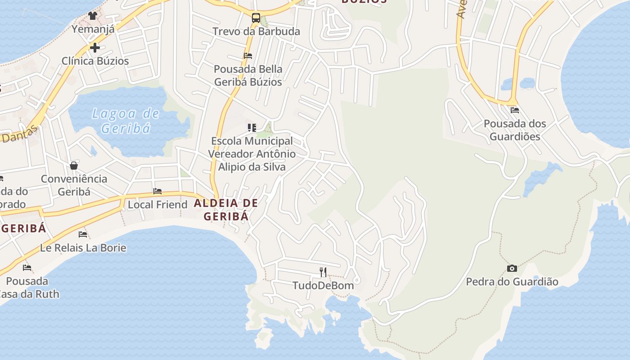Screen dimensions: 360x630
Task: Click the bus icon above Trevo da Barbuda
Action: click(x=256, y=18)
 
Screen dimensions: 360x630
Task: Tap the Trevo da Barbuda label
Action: click(x=256, y=31)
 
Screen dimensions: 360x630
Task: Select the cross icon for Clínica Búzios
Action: click(x=94, y=47)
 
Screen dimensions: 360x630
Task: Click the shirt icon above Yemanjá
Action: click(x=93, y=16)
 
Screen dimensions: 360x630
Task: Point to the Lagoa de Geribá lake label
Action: click(x=126, y=121)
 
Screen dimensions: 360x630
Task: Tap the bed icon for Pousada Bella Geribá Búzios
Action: click(x=247, y=56)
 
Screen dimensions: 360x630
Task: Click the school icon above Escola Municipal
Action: click(x=252, y=128)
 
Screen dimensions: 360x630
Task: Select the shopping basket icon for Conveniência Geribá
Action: click(x=74, y=166)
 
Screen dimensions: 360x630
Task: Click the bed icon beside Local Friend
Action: click(x=157, y=191)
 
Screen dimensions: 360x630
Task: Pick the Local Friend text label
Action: click(x=157, y=205)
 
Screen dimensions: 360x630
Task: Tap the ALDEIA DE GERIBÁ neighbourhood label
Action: click(x=226, y=210)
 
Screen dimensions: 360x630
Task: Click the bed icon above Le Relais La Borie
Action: click(x=83, y=234)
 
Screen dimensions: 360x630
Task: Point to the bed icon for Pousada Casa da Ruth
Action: click(x=27, y=268)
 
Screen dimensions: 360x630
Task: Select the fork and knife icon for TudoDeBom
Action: click(x=323, y=272)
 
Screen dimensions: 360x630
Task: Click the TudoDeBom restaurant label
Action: click(x=323, y=285)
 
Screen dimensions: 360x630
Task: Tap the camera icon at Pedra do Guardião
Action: click(x=512, y=269)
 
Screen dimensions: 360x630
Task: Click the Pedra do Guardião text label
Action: click(x=512, y=282)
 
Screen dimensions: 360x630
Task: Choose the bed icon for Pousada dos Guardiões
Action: click(x=515, y=110)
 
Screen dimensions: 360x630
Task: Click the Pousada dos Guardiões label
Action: click(x=515, y=130)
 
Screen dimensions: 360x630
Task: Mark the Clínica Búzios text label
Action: click(x=95, y=61)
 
